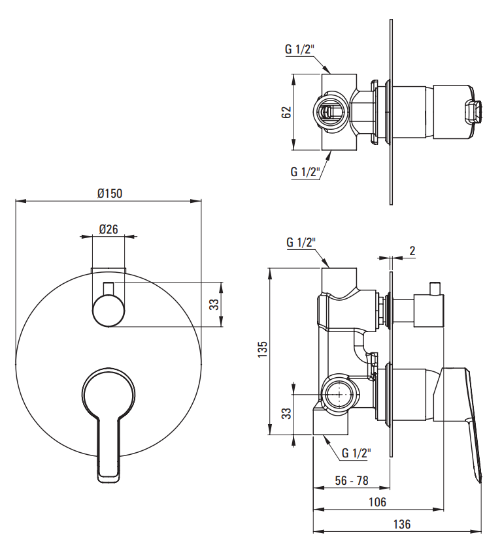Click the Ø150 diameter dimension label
point(110,193)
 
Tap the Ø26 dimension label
point(109,229)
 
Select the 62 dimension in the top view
point(286,112)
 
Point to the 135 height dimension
point(262,349)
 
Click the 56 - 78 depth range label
point(352,480)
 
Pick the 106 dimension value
point(377,502)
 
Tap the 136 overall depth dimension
point(402,523)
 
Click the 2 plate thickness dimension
point(412,251)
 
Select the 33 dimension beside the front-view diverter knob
point(214,304)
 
